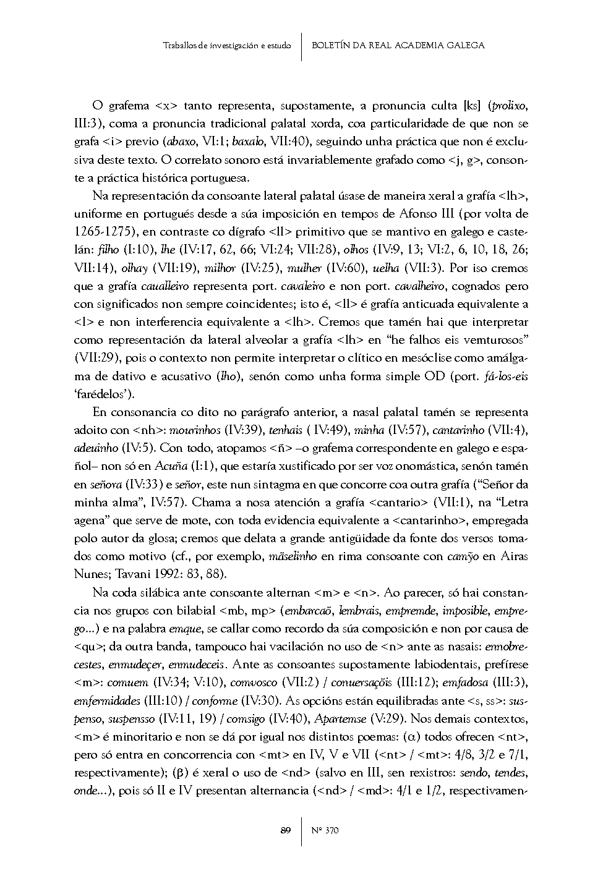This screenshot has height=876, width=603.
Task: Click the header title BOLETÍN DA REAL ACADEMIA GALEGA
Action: [398, 45]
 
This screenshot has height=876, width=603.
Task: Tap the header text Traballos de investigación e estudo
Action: [227, 46]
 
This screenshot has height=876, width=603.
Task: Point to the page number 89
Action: [285, 830]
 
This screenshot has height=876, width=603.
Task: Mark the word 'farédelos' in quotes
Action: [104, 394]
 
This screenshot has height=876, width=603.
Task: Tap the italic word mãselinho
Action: [293, 556]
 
